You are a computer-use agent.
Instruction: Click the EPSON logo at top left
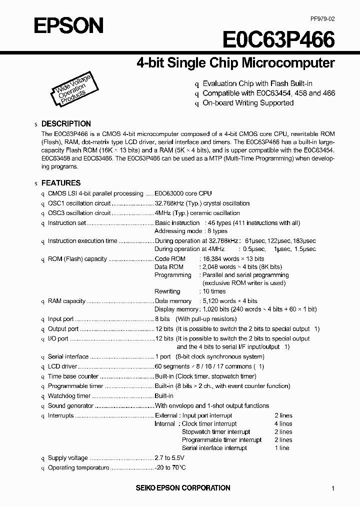[x=68, y=25]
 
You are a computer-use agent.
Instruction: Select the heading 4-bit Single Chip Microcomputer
[x=235, y=63]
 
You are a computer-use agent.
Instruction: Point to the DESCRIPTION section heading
[x=66, y=123]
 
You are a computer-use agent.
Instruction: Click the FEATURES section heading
[x=60, y=183]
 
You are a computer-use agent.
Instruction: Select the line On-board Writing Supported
[x=247, y=102]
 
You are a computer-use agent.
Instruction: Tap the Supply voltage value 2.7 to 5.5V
[x=169, y=458]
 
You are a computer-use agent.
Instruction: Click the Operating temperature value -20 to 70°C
[x=170, y=467]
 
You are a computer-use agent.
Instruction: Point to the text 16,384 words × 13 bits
[x=233, y=259]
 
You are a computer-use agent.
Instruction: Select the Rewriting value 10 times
[x=214, y=291]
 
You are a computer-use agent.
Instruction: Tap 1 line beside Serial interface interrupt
[x=282, y=448]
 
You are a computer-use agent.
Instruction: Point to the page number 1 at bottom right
[x=332, y=488]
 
